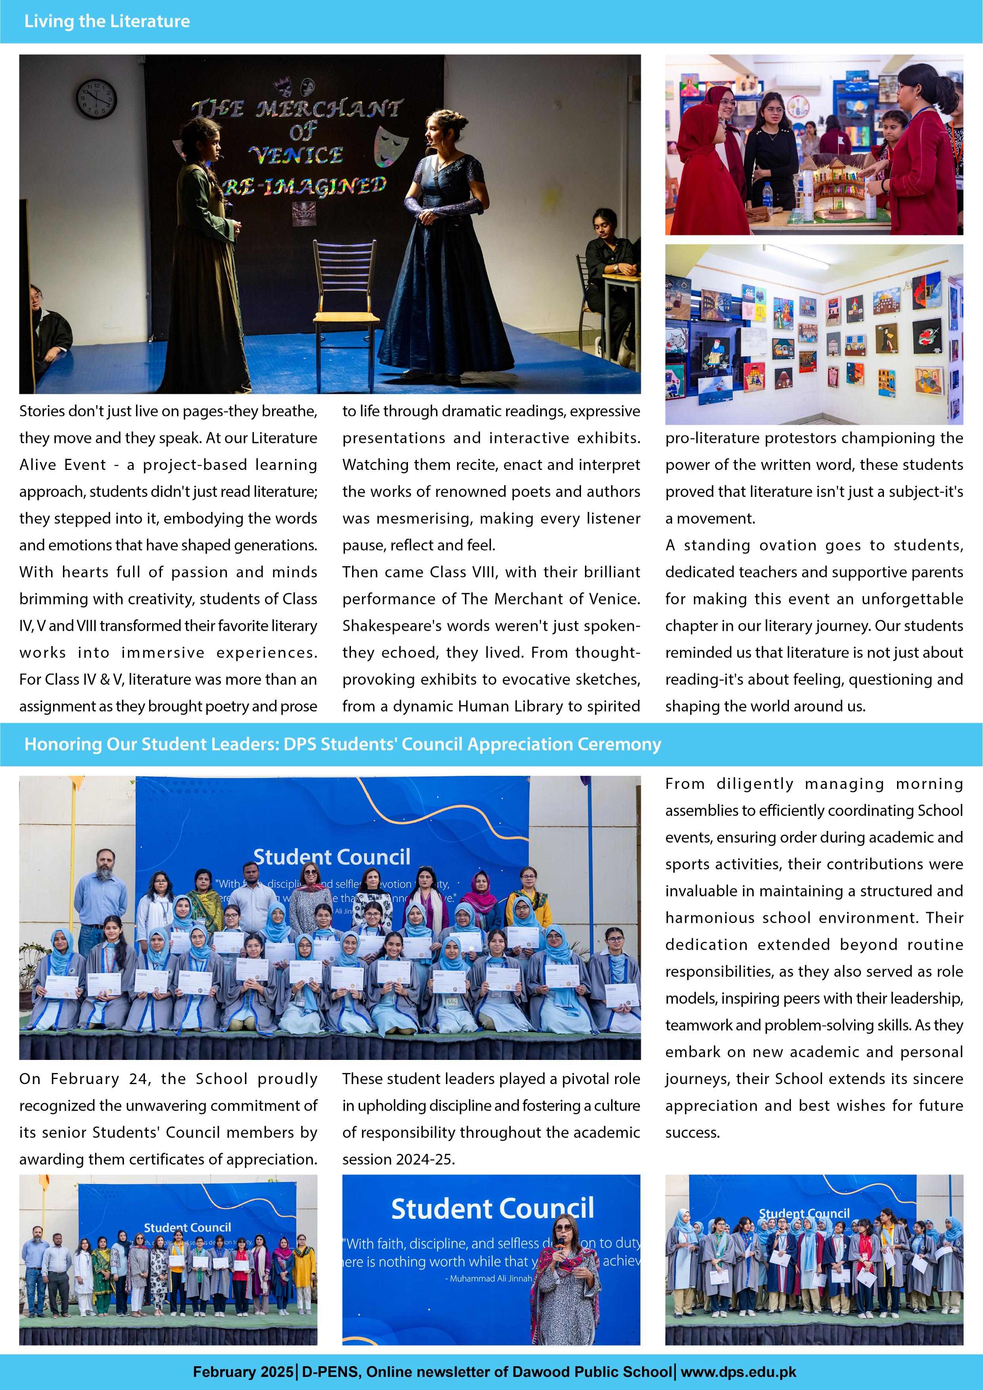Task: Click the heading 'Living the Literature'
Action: tap(107, 21)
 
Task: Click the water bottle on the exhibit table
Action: tap(768, 195)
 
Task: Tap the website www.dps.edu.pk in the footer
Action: tap(739, 1372)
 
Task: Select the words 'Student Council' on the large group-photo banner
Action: tap(332, 857)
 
